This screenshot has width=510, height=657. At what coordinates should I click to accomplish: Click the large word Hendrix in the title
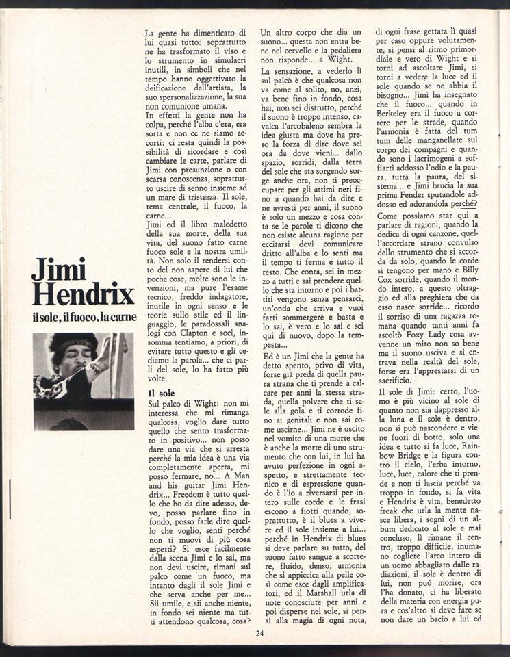(83, 295)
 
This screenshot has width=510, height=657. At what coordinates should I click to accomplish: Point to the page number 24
(260, 632)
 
